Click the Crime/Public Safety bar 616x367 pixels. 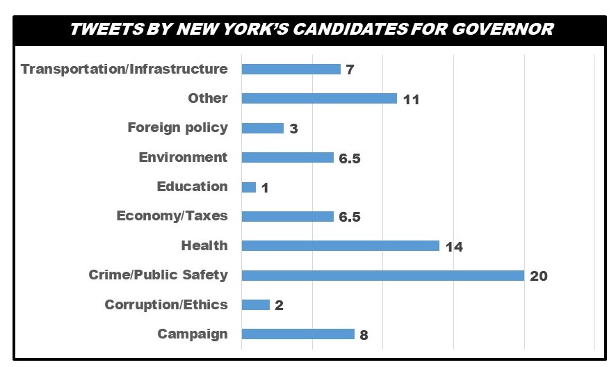[382, 275]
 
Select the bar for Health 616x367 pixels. [340, 245]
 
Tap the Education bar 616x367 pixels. [248, 187]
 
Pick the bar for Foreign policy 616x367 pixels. [262, 128]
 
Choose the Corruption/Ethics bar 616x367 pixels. [255, 304]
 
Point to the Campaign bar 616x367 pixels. [298, 334]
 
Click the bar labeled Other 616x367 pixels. [318, 99]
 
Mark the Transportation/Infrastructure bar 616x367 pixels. [291, 69]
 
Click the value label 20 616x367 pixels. [539, 276]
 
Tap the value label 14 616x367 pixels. [454, 246]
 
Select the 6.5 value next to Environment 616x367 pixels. [350, 158]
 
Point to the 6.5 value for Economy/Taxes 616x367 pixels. [350, 217]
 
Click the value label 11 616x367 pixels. [411, 99]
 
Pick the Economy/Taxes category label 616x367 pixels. [172, 215]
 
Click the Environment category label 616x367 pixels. [183, 157]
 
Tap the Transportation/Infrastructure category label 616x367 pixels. [124, 69]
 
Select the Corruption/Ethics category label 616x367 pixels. [166, 304]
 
